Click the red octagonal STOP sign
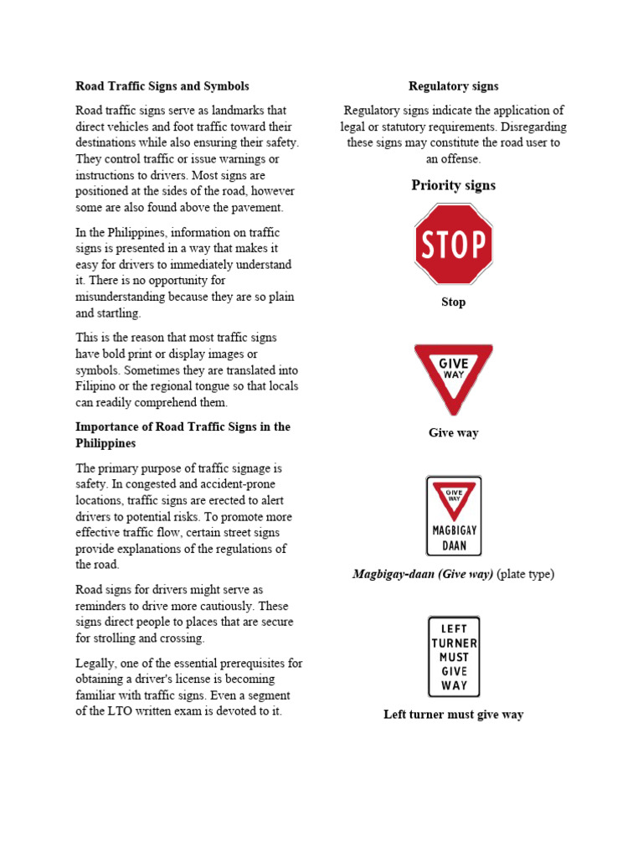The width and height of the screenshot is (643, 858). coord(453,244)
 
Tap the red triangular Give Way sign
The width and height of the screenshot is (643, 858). coord(453,375)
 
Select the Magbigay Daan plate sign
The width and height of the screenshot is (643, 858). coord(453,515)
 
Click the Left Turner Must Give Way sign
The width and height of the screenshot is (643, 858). coord(453,656)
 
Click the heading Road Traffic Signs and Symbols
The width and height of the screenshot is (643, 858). coord(162,86)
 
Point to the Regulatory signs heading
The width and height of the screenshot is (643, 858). coord(453,86)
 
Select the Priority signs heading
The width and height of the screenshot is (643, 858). coord(453,185)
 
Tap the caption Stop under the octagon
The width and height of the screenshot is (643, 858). coord(453,302)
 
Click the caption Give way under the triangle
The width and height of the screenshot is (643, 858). coord(453,432)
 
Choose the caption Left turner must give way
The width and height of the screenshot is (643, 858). coord(453,715)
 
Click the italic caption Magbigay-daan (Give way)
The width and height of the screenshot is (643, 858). coord(424,574)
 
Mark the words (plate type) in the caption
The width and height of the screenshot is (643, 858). coord(527,574)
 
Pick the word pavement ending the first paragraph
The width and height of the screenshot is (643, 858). coord(257,207)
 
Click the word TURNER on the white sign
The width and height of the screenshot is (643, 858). coord(454,643)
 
